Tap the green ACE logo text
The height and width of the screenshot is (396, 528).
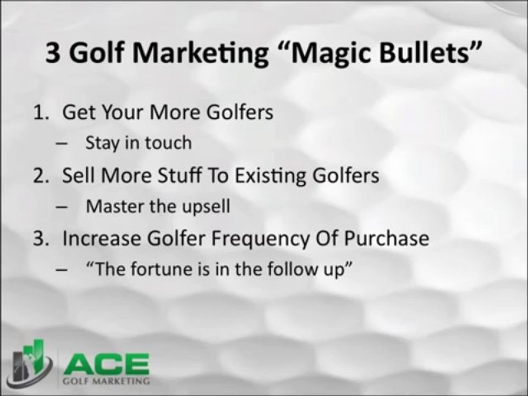pyautogui.click(x=106, y=364)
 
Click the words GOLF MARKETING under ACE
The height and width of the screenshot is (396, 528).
pyautogui.click(x=106, y=381)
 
